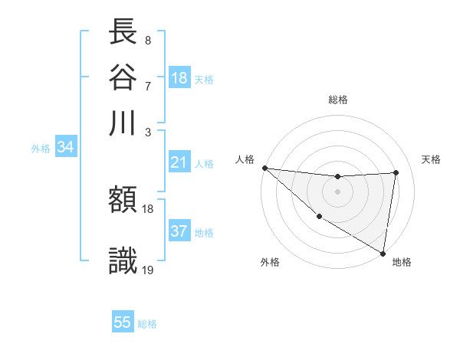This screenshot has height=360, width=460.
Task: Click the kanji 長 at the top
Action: (x=123, y=32)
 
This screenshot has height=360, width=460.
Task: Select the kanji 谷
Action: (x=123, y=77)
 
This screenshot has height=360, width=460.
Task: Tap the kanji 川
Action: (x=123, y=123)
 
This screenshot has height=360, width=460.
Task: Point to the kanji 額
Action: (x=123, y=201)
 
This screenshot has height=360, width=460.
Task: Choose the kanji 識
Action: (x=123, y=260)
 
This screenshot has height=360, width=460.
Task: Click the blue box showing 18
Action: (x=179, y=78)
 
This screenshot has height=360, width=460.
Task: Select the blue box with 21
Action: (x=179, y=162)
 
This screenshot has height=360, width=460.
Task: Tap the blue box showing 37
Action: (x=179, y=231)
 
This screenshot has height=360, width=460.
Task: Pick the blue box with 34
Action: (x=65, y=148)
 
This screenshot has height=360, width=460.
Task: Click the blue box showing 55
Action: (x=123, y=322)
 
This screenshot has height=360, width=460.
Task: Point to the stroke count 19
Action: (x=149, y=269)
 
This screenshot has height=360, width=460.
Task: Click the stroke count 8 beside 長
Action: (x=147, y=40)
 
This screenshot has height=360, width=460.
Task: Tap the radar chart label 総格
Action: (x=338, y=100)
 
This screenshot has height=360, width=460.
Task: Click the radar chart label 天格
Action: (x=431, y=159)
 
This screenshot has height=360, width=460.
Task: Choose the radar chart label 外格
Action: (x=270, y=262)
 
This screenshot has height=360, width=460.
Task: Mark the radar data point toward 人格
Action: (x=264, y=168)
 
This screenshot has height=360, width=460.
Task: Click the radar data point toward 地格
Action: (x=383, y=253)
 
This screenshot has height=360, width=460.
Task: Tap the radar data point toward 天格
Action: (x=396, y=172)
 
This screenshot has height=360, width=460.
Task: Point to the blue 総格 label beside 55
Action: (x=147, y=323)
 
